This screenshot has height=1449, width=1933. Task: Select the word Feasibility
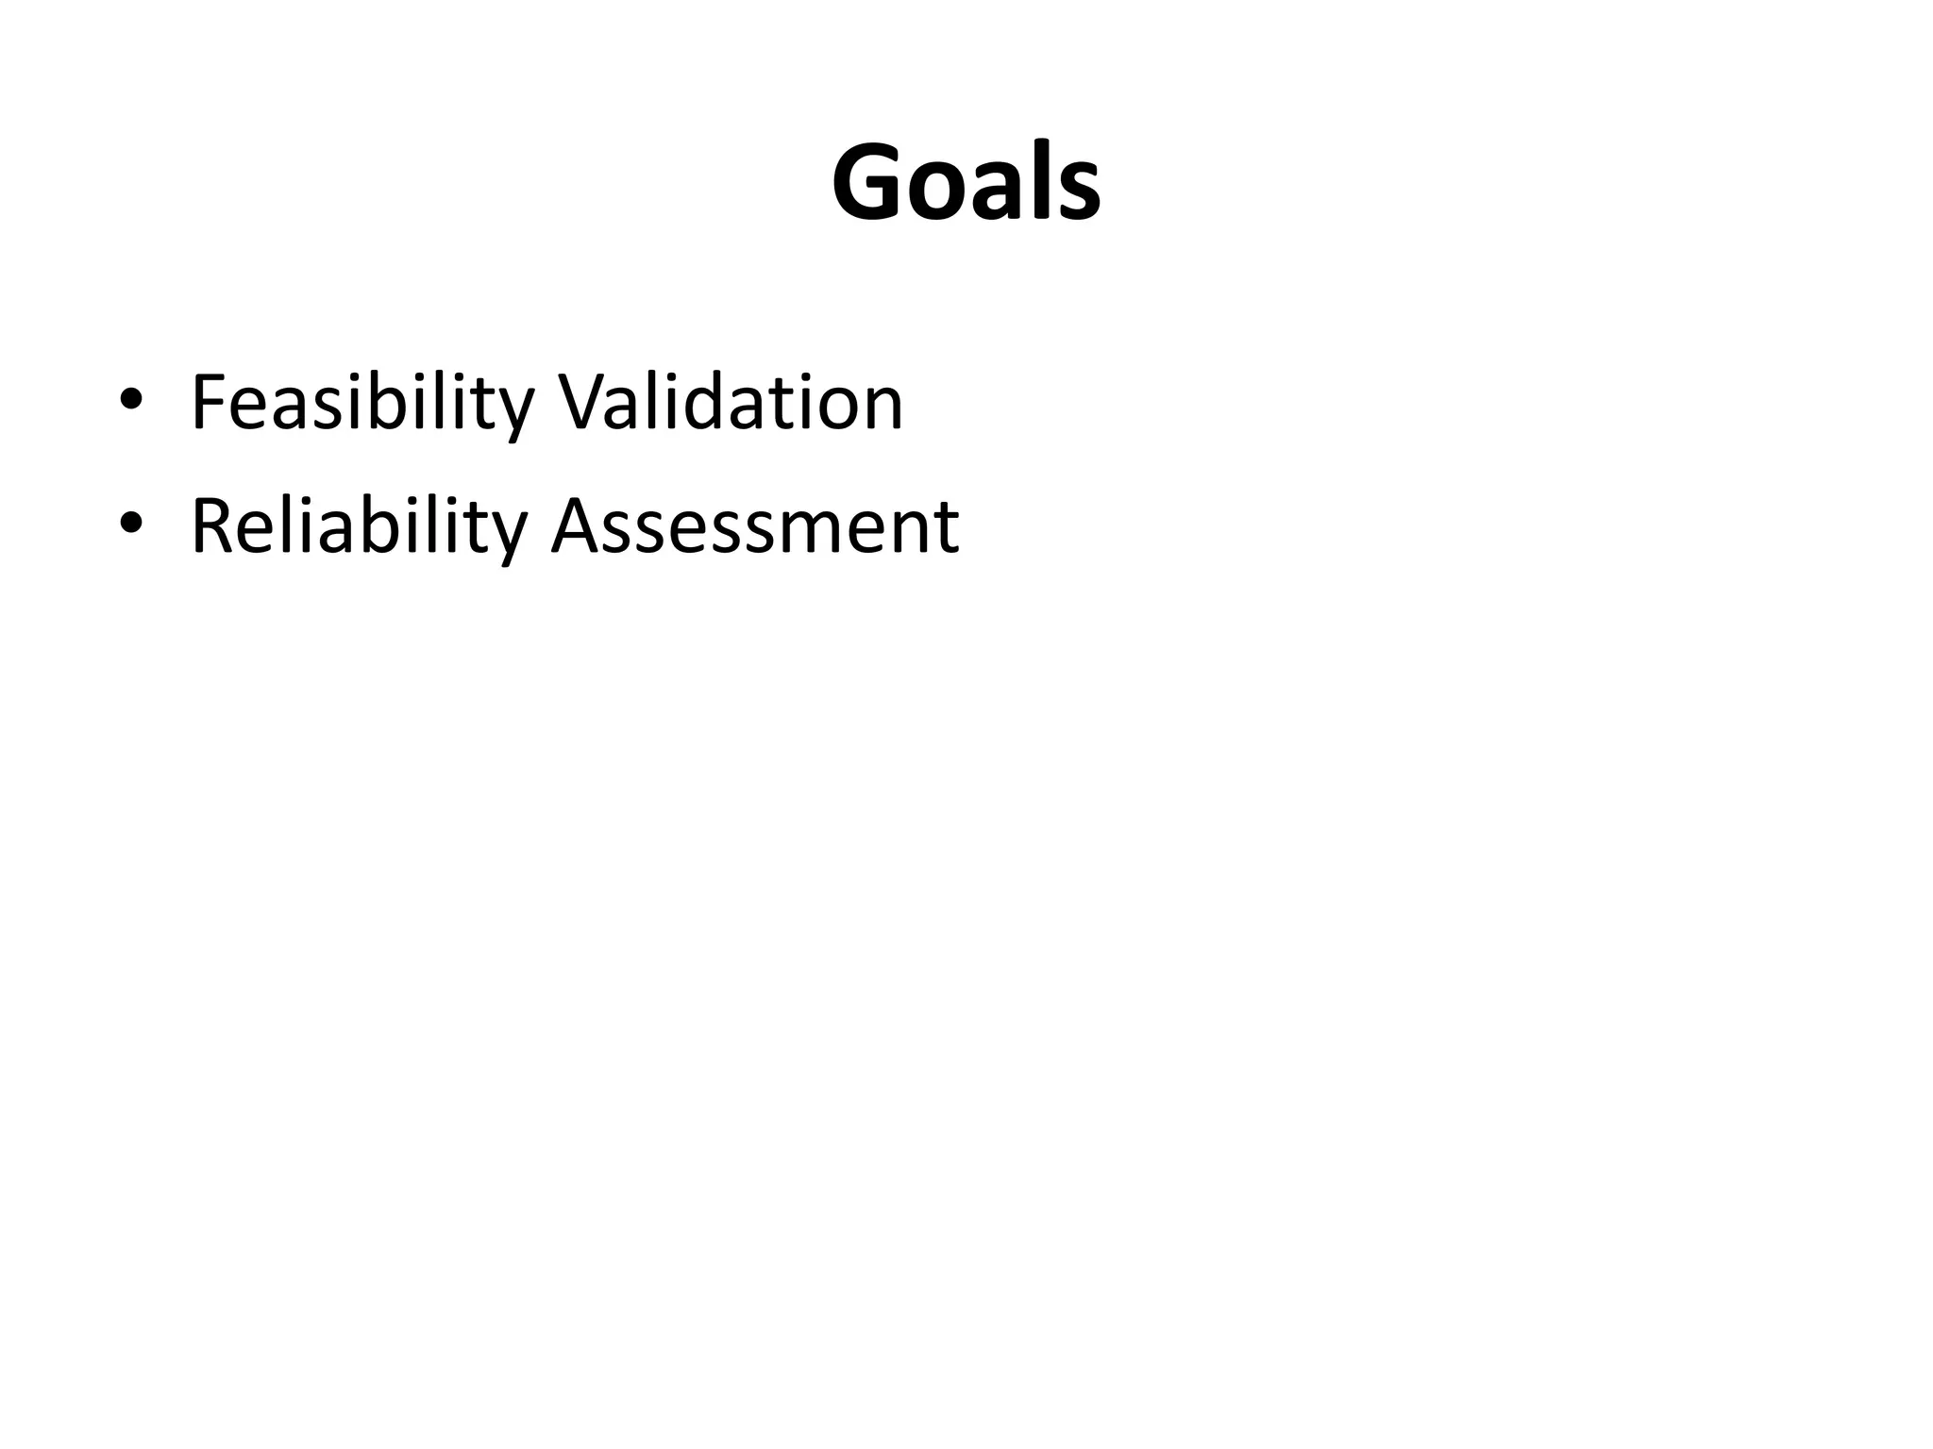pos(362,404)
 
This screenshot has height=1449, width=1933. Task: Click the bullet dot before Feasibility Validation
pos(131,399)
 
